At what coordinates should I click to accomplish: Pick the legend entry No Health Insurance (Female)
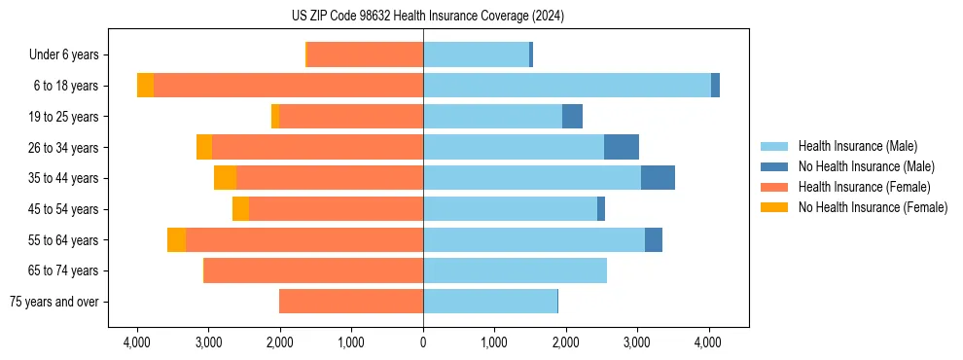(x=873, y=207)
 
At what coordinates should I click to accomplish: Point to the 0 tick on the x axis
(x=423, y=342)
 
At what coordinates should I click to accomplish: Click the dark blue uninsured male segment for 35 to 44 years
(x=658, y=178)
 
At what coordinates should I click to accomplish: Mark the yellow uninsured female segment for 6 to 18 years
(x=145, y=86)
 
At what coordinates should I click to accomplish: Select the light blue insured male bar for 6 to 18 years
(x=567, y=86)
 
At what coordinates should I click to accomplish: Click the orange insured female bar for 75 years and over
(x=351, y=302)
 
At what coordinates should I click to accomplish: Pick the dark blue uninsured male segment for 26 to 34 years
(x=622, y=147)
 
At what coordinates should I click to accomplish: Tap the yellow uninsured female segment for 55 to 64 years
(x=176, y=239)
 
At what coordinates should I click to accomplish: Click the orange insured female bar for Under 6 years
(x=365, y=54)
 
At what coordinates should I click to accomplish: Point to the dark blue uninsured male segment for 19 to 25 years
(x=572, y=117)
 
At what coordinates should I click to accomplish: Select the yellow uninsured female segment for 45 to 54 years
(x=240, y=209)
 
